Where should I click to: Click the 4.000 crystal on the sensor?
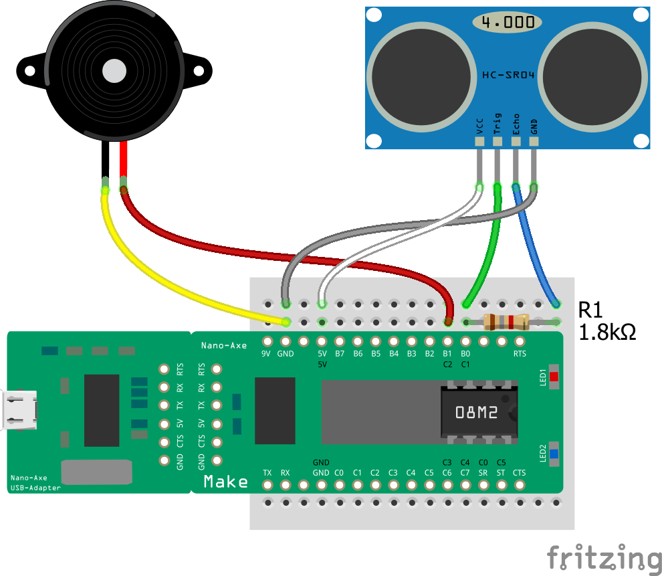pos(508,22)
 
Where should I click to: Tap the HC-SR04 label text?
pos(508,75)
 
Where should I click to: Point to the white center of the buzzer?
pos(114,70)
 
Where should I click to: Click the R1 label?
pos(591,310)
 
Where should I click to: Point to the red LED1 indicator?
pos(554,377)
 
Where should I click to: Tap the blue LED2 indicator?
pos(554,454)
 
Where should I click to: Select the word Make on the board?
pos(225,482)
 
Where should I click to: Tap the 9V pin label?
pos(267,354)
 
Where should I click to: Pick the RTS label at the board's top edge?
pos(520,354)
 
